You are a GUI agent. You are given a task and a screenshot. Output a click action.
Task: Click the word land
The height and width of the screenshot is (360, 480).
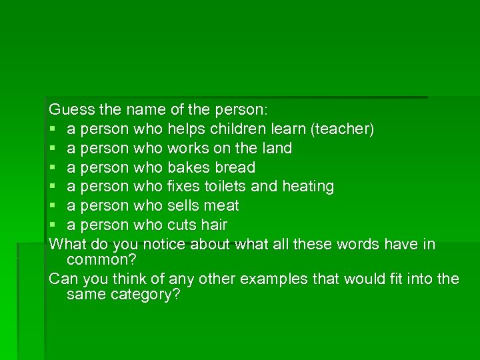click(x=277, y=147)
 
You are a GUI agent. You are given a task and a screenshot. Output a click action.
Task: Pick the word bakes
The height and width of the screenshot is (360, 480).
click(x=186, y=167)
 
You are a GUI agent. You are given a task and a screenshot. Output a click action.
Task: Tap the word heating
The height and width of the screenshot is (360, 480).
click(x=308, y=187)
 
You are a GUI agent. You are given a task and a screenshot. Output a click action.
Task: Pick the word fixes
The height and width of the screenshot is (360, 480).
click(x=183, y=186)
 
